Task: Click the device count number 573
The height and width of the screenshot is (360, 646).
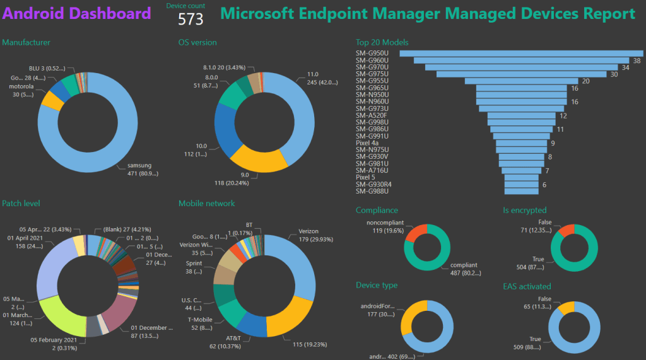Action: pos(191,20)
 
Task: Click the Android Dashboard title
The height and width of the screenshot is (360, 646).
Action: pos(77,13)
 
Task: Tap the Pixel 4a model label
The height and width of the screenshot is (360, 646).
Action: pos(367,143)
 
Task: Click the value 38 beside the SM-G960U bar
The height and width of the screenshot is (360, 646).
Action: pos(637,61)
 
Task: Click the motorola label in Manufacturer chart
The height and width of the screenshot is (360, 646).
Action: pos(21,87)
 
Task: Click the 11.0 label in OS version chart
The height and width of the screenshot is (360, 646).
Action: pos(313,74)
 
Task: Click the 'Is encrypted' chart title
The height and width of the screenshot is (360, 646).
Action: pos(525,210)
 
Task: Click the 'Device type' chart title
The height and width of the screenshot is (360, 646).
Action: pos(377,285)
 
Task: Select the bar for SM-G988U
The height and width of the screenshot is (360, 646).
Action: pos(522,192)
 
